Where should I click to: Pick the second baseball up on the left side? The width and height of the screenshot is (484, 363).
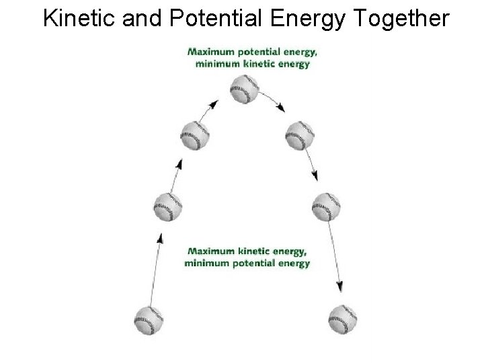(167, 206)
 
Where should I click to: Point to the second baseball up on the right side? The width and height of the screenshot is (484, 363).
(327, 206)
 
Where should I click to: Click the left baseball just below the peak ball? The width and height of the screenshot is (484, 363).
(195, 136)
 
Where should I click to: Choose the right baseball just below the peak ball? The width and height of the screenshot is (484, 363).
(299, 135)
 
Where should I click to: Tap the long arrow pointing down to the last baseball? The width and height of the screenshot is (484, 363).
(334, 255)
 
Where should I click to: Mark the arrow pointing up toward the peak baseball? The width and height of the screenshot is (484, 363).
(211, 108)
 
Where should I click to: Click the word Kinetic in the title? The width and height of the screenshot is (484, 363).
(79, 19)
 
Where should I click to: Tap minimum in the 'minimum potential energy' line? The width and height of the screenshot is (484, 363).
(206, 263)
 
